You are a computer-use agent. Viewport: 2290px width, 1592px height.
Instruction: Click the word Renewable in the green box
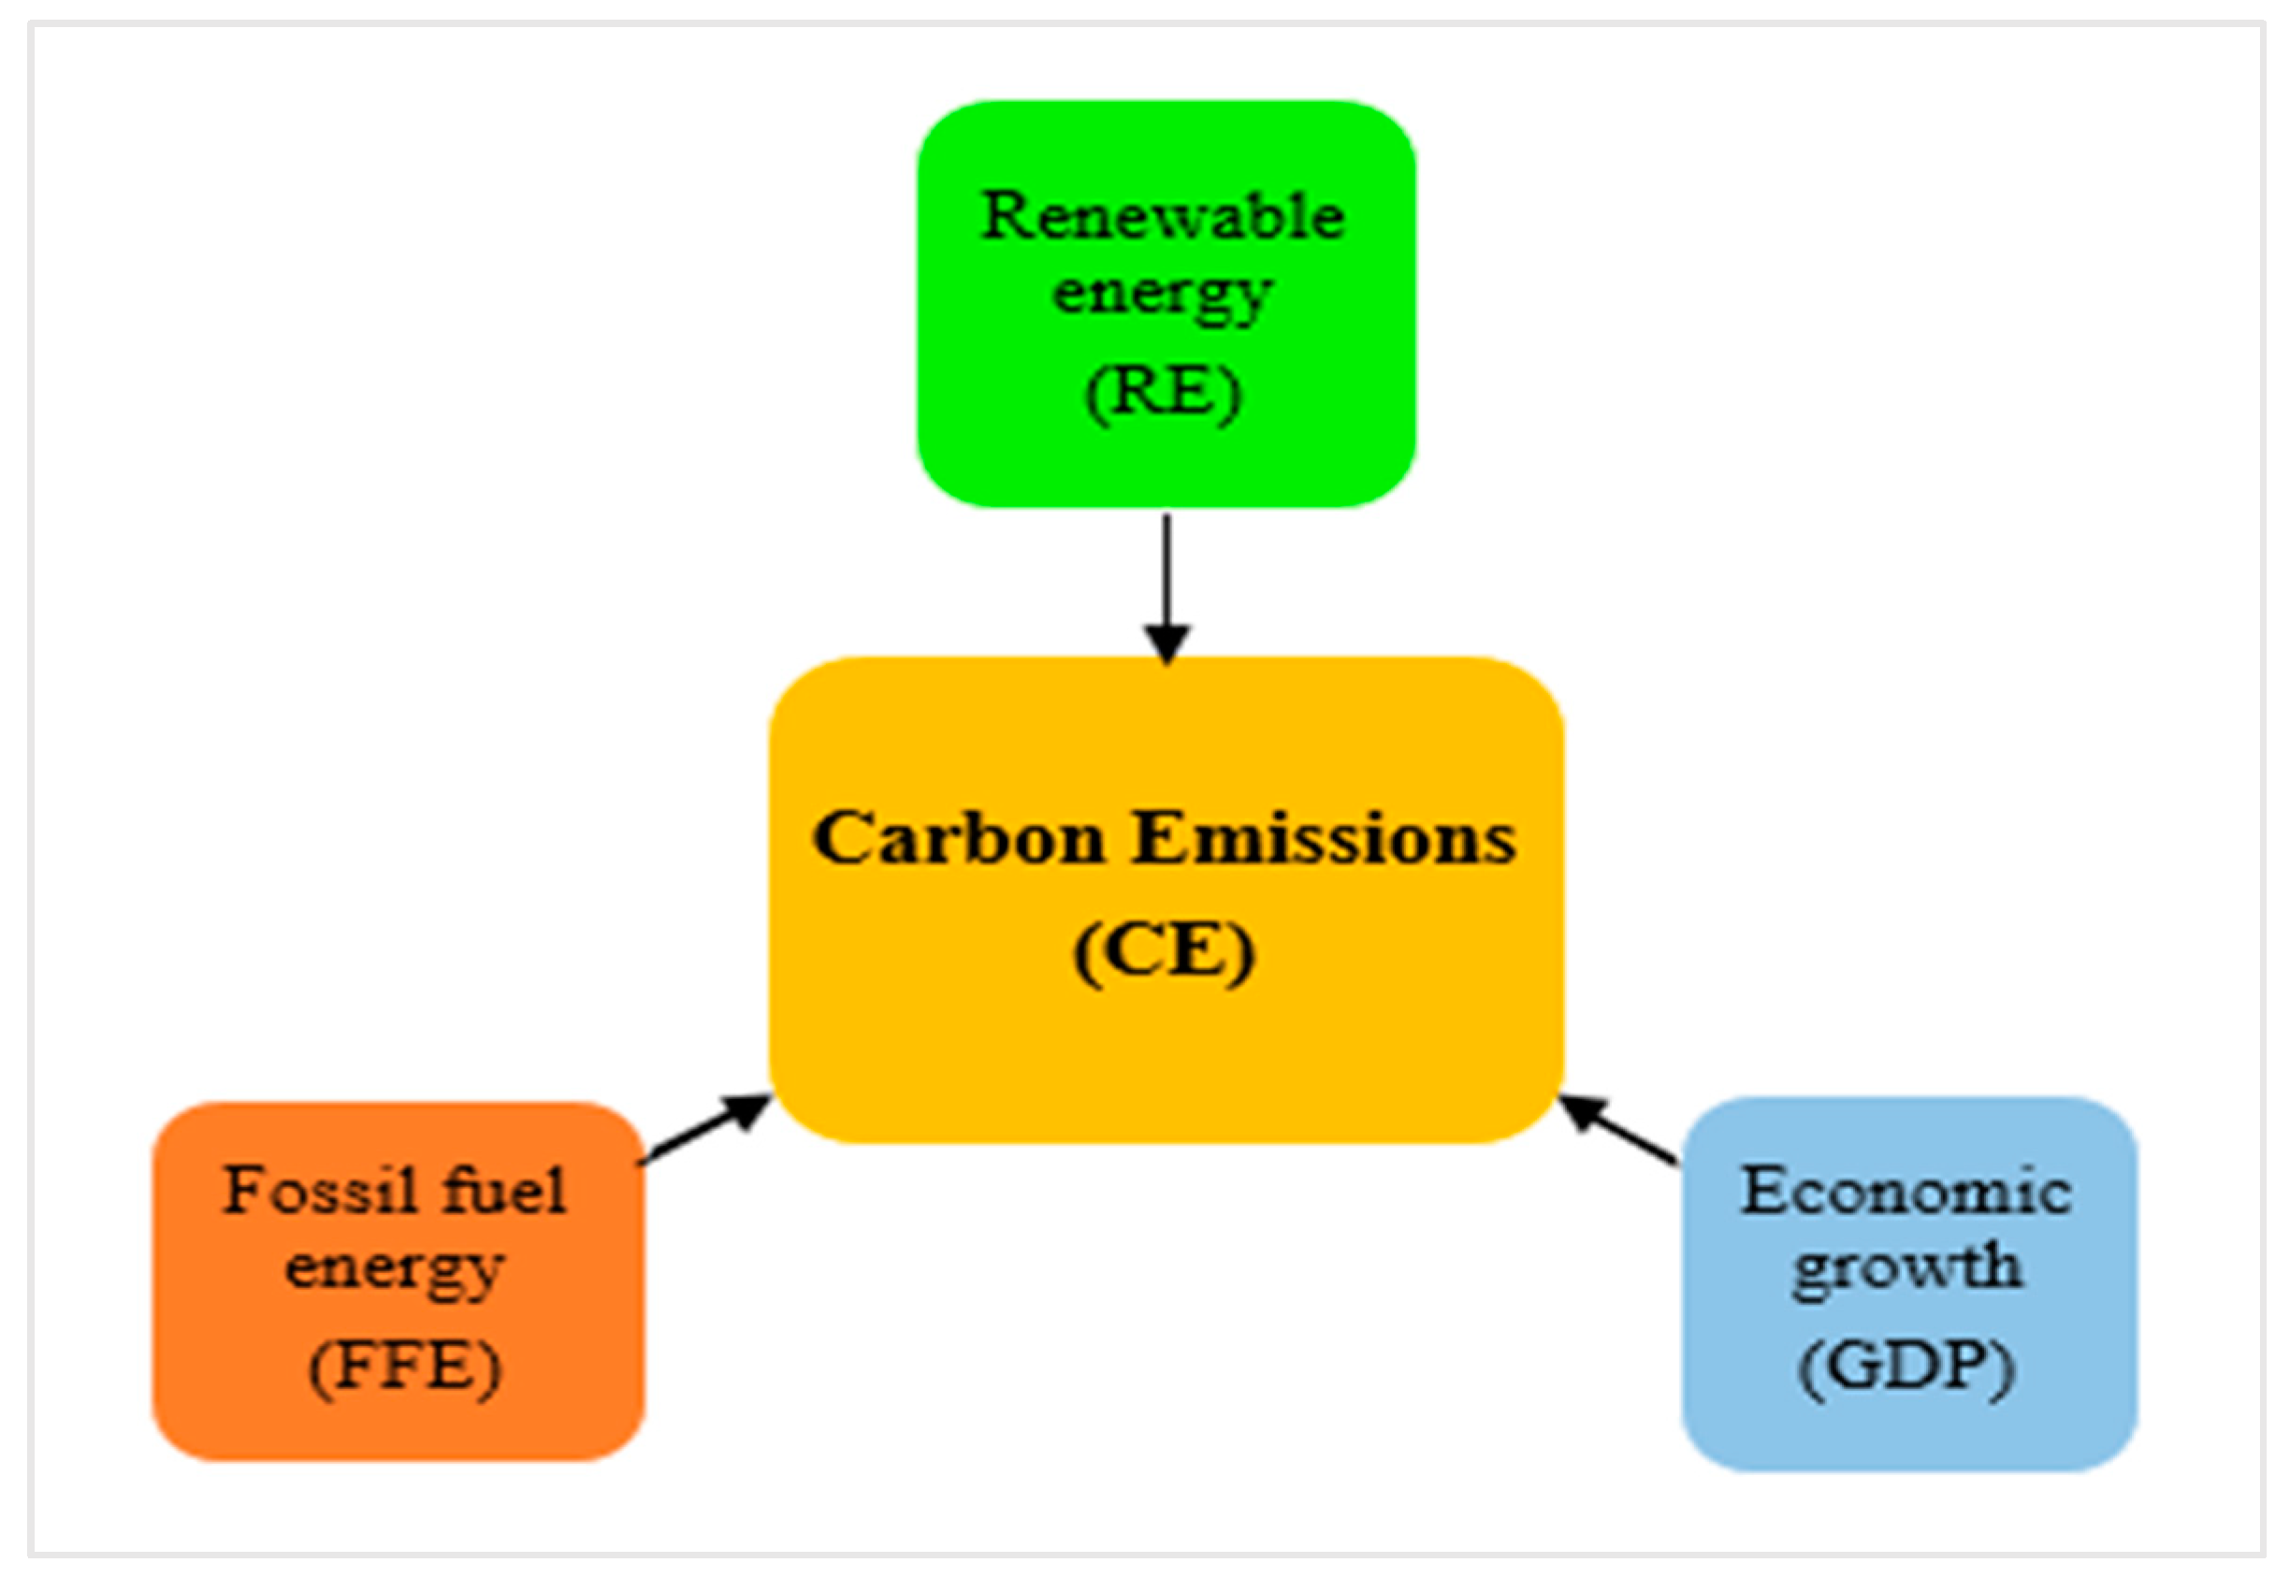point(1162,216)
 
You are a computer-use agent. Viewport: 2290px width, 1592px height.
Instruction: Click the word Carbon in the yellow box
point(959,838)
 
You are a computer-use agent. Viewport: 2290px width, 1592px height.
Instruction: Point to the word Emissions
point(1325,838)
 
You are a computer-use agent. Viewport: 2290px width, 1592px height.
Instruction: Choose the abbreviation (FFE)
point(404,1366)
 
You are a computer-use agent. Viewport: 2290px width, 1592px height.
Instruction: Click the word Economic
point(1906,1191)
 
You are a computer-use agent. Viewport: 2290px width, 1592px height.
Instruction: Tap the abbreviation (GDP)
point(1906,1366)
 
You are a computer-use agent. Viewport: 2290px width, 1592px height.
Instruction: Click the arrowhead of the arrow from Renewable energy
point(1167,643)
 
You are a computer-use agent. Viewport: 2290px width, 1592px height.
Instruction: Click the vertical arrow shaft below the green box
point(1167,569)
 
